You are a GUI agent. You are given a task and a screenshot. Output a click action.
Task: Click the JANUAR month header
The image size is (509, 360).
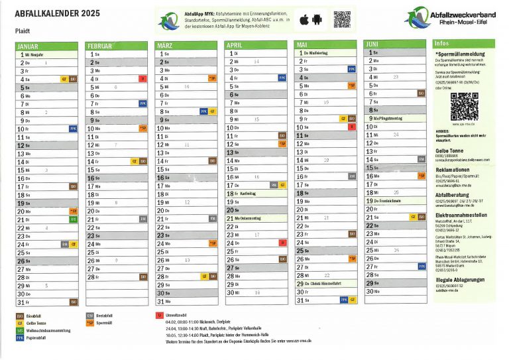point(28,46)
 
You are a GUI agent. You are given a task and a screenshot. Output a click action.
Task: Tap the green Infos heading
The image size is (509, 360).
point(443,43)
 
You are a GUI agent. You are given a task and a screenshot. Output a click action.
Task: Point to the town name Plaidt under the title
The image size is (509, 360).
point(23,30)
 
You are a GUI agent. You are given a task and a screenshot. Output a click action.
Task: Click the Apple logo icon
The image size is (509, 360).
point(304,20)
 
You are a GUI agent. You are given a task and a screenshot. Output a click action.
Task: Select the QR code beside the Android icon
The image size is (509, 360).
point(342,19)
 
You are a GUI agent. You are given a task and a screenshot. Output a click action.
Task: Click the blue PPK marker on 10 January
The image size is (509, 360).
point(73,129)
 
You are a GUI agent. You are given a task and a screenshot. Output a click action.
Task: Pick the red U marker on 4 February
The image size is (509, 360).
point(142,78)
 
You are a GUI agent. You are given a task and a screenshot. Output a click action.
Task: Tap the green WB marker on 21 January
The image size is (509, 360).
point(74,219)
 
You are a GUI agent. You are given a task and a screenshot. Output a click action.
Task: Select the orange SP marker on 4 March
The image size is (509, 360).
point(212,78)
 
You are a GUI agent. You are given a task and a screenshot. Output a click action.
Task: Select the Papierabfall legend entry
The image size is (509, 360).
point(40,338)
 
